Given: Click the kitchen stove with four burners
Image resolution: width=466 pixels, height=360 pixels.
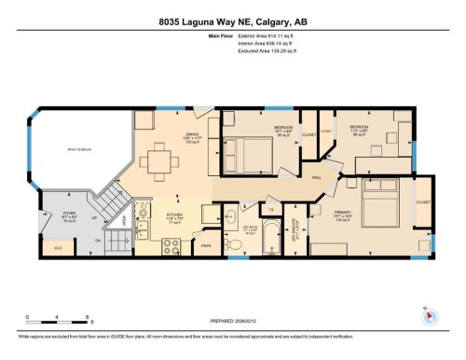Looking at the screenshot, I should pos(172,247).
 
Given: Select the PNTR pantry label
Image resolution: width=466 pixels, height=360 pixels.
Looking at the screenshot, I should pos(206,246).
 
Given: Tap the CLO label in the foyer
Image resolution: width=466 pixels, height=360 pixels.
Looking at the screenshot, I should pos(58,248).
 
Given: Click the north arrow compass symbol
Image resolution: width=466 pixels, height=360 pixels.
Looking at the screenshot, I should pos(430,316).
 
